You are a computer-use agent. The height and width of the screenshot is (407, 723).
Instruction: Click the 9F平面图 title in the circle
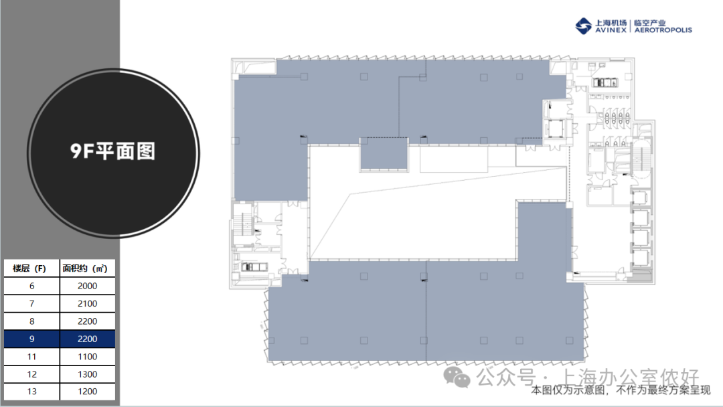(113, 151)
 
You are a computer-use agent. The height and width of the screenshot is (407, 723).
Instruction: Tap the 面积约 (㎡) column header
(87, 268)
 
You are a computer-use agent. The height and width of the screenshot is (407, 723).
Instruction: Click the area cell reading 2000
(87, 286)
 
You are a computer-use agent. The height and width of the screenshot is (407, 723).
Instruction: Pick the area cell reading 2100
(87, 303)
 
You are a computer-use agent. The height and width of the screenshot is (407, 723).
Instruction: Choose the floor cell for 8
(31, 321)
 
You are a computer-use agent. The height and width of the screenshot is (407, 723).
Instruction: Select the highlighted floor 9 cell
(31, 339)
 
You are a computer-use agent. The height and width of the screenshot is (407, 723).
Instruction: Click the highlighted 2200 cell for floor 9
(87, 339)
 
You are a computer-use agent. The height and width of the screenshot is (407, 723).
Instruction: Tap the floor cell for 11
(31, 356)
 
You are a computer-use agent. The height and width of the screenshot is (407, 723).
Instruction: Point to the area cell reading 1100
(87, 356)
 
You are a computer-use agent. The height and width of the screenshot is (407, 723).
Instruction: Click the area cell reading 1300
(87, 374)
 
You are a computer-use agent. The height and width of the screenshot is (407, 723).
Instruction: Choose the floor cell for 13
(31, 392)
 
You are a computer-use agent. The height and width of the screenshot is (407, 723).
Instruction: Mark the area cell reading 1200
(87, 392)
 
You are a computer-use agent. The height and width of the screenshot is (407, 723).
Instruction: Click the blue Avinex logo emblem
(583, 26)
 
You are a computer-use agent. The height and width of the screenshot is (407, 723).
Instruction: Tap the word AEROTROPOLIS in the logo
(663, 30)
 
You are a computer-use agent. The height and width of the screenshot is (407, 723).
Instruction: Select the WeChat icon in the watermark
(457, 378)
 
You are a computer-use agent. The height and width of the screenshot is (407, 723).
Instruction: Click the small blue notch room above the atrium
(384, 153)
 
